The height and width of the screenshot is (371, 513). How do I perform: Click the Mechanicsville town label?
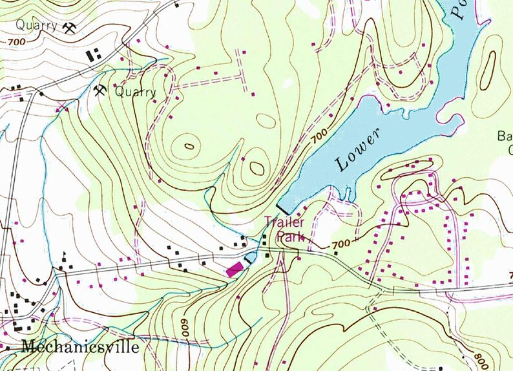tap(79, 346)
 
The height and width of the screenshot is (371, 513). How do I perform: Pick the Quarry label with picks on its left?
tap(135, 92)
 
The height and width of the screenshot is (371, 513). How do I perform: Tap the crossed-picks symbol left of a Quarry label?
tap(100, 90)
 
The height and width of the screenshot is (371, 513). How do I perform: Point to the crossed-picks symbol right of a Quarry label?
tap(69, 28)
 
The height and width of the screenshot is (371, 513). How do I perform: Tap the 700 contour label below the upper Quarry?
tap(18, 43)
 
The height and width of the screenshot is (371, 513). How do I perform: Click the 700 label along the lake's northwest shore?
tap(317, 137)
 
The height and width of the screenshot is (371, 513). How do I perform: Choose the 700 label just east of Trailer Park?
tap(342, 244)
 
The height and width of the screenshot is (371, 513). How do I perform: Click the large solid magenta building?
tap(235, 268)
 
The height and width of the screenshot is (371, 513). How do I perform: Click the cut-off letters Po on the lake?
tap(459, 12)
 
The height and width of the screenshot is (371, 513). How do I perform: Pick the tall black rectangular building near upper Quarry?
tap(89, 56)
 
